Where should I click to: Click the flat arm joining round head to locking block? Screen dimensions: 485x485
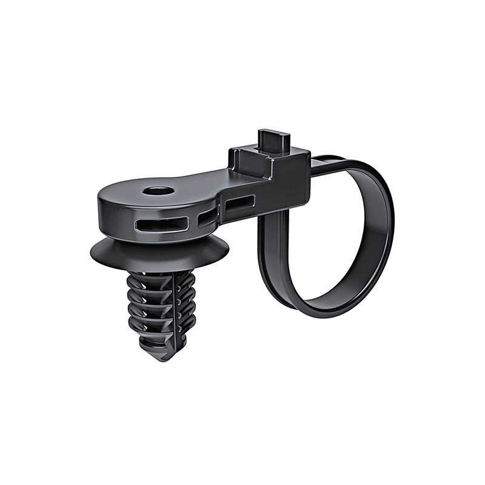(206, 181)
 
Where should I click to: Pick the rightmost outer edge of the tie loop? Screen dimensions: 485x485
(390, 224)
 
